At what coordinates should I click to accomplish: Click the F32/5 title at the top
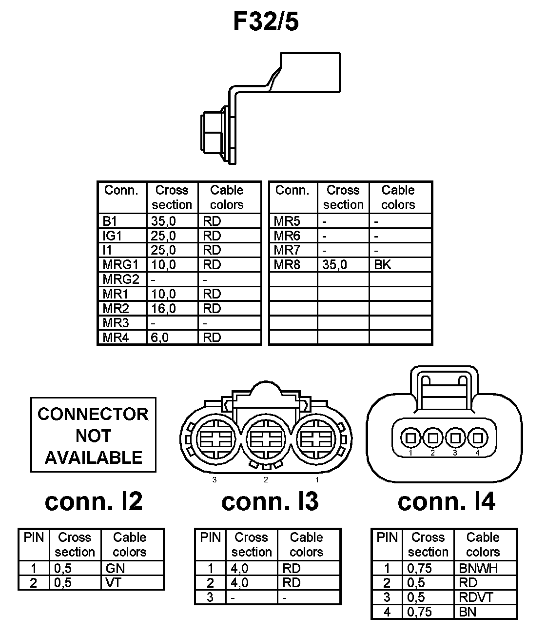point(266,22)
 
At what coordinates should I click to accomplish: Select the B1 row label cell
point(110,221)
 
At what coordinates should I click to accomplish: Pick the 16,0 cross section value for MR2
point(163,308)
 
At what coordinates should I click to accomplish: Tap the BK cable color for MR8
point(383,265)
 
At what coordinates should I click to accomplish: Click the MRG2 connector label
point(121,279)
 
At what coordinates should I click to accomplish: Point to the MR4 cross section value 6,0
point(160,338)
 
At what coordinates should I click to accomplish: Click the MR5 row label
point(287,221)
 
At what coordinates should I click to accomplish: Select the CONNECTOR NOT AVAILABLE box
point(93,435)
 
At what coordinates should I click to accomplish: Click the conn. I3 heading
point(270,501)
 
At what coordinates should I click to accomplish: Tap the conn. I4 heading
point(446,501)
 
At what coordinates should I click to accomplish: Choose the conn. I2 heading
point(94,501)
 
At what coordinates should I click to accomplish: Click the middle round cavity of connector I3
point(266,438)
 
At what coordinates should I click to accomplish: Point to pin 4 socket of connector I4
point(477,438)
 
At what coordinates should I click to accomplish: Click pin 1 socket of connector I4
point(411,438)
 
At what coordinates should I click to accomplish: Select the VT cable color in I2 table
point(113,583)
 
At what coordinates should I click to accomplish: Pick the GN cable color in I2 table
point(115,568)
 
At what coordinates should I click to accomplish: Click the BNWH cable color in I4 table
point(478,568)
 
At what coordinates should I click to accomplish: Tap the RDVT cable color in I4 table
point(476,597)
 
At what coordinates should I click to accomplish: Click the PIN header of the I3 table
point(210,537)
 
